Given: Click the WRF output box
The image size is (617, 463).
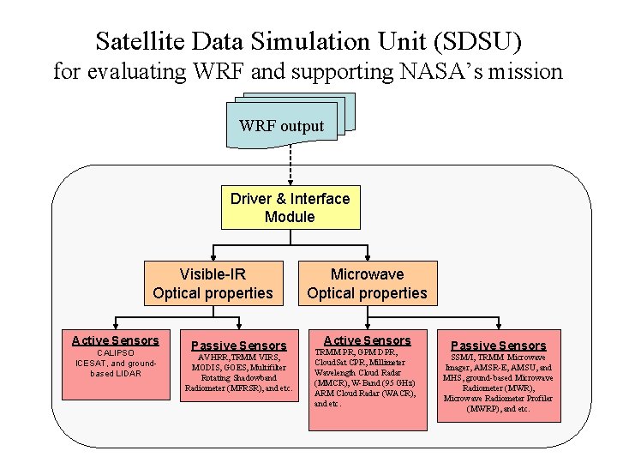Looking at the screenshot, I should tap(282, 127).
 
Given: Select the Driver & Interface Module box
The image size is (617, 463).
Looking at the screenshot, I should tap(290, 207).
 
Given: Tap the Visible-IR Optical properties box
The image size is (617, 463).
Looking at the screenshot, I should tap(213, 284).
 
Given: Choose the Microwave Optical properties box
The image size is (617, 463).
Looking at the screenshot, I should tap(367, 284).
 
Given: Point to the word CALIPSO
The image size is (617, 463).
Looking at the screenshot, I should tap(115, 352).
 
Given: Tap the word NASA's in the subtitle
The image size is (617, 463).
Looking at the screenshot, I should tap(438, 71).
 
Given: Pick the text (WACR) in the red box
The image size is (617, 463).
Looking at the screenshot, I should tap(397, 394).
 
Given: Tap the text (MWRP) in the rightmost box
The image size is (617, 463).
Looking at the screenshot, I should tap(489, 409).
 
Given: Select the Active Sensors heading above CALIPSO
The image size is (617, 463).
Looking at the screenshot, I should tap(115, 340).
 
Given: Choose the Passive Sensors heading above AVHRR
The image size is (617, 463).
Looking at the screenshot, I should tap(238, 346).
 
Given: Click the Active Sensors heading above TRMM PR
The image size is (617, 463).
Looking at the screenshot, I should tap(367, 340).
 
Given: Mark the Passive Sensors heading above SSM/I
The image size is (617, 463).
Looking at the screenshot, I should tap(498, 346).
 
